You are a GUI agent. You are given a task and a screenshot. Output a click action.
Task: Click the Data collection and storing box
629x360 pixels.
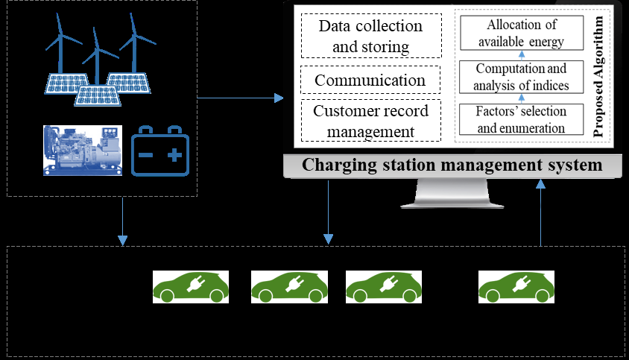[x=370, y=37]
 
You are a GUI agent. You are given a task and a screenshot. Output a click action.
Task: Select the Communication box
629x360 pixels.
[x=370, y=80]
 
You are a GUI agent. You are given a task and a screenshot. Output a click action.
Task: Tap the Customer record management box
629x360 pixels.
[x=370, y=121]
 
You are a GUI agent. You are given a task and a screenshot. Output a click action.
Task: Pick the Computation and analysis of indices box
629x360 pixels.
[x=521, y=77]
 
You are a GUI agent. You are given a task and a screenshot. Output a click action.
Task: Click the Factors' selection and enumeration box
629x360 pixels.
[x=521, y=119]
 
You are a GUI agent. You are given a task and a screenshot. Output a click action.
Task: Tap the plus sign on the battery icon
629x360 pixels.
[x=174, y=155]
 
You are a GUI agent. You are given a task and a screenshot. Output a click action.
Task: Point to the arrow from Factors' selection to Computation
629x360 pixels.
[x=521, y=98]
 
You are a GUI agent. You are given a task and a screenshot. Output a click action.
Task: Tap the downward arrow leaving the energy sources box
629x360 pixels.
[x=123, y=220]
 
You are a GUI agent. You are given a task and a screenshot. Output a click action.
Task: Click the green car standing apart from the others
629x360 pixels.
[x=516, y=286]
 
